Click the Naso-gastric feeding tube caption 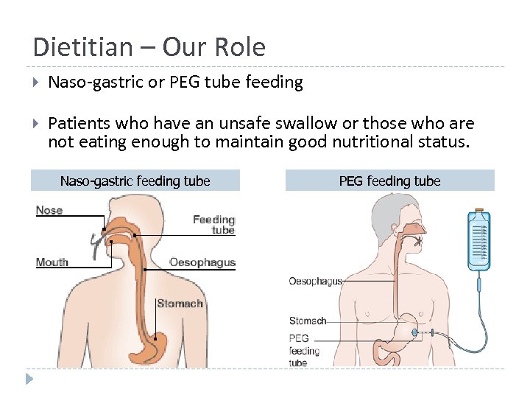pos(135,181)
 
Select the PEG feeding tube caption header pos(389,181)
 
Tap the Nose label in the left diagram pos(49,210)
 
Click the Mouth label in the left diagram pos(52,262)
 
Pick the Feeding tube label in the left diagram pos(214,224)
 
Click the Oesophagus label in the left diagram pos(202,262)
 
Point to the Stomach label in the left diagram pos(180,304)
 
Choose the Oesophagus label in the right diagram pos(316,281)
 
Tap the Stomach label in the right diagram pos(308,321)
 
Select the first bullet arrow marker pos(37,83)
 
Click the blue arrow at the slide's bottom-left pos(29,380)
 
